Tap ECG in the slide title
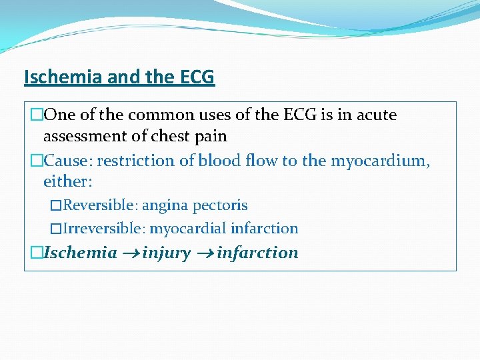pos(197,77)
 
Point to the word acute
pos(376,115)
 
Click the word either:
pos(66,181)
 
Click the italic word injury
pos(166,253)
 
